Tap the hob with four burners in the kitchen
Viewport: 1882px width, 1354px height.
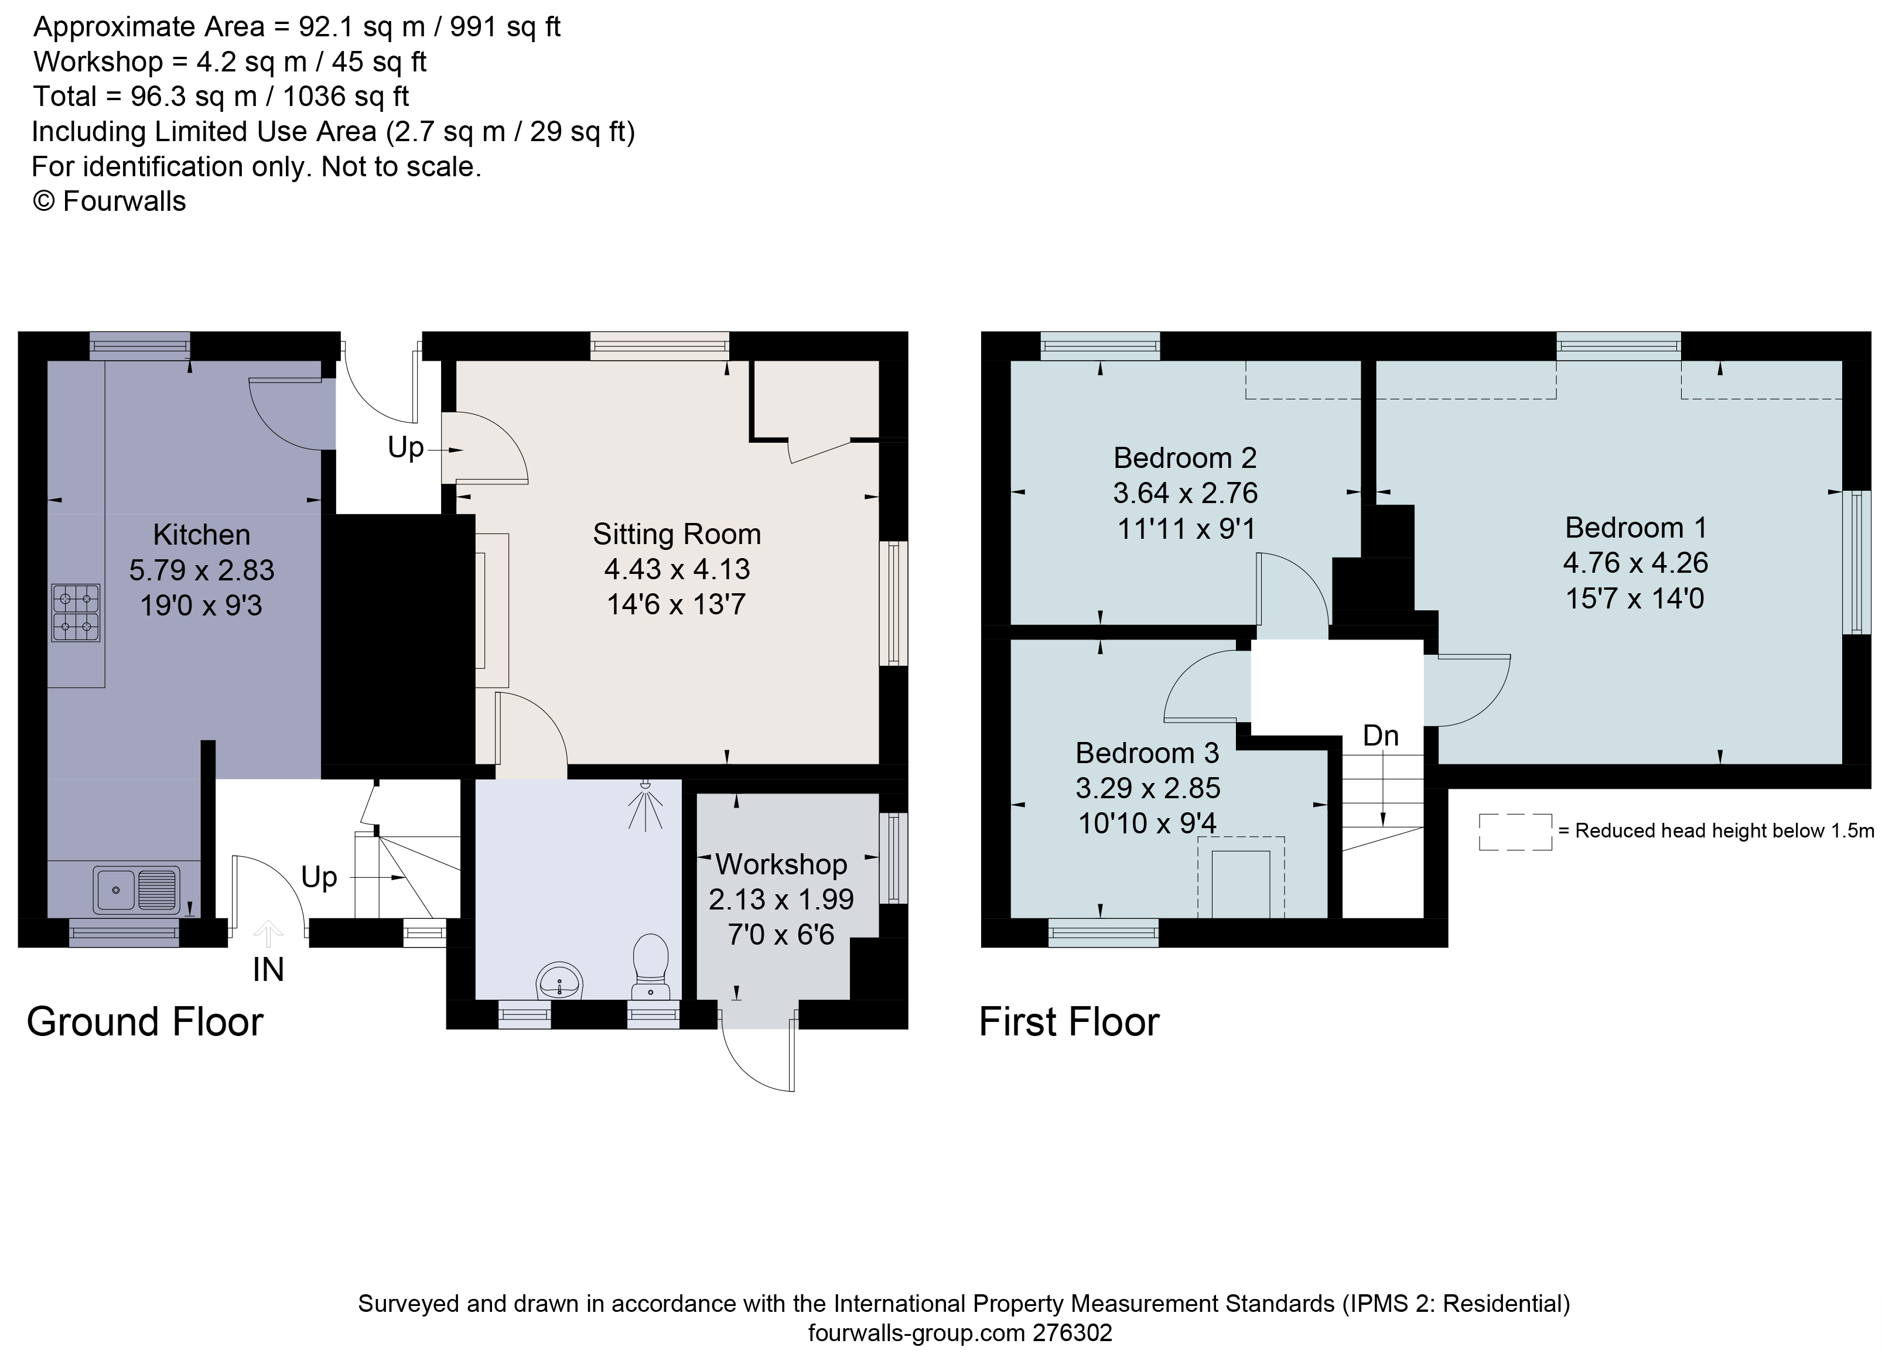(76, 613)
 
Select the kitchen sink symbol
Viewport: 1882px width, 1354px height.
(136, 890)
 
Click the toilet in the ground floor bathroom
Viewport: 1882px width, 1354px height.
(651, 966)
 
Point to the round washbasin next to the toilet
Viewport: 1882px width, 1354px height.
(561, 982)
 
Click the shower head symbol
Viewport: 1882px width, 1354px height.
(645, 804)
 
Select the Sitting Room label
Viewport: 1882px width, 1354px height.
(677, 534)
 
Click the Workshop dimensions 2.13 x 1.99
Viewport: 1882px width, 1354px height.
(781, 900)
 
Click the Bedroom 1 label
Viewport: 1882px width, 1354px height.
(1635, 528)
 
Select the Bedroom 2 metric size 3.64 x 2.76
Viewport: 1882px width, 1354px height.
(1185, 494)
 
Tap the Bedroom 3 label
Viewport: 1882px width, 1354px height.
(1147, 753)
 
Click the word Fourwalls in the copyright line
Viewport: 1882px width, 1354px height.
(124, 201)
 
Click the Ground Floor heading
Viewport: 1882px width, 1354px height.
(145, 1021)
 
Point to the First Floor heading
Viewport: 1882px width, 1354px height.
(1069, 1021)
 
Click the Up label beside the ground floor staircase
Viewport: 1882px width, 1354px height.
(319, 877)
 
